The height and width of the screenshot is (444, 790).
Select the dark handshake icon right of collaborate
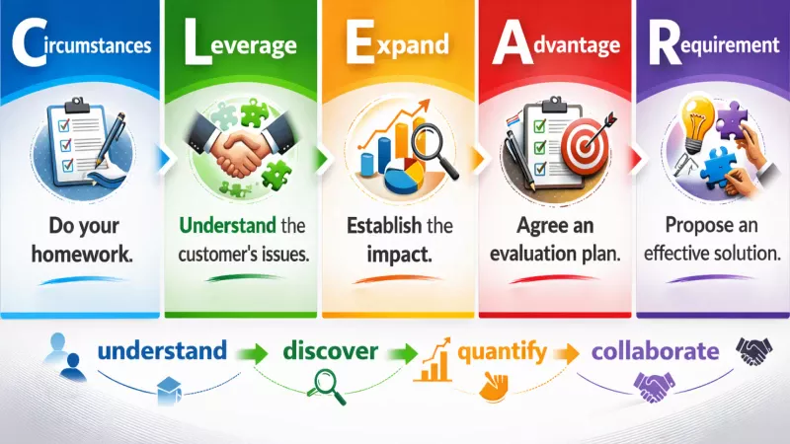756,350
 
